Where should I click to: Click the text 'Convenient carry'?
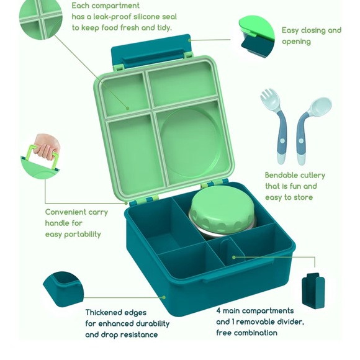tap(76, 212)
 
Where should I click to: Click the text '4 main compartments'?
tap(254, 310)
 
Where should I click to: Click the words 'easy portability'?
tap(73, 234)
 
